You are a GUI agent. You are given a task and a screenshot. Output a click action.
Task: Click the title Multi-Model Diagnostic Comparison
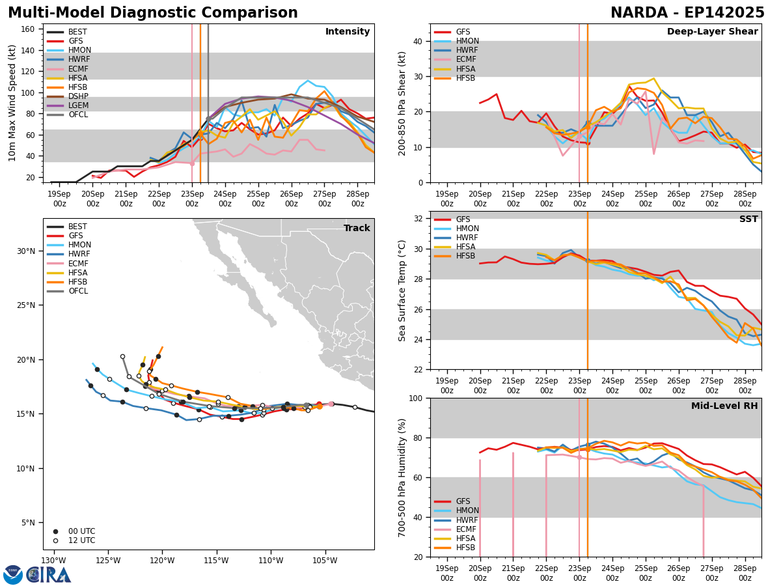(x=152, y=13)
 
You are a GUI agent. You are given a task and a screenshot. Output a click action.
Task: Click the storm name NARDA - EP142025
(x=687, y=13)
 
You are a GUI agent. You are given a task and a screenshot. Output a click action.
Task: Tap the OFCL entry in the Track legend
(x=78, y=291)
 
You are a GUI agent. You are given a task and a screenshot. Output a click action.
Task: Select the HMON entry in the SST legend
(x=467, y=229)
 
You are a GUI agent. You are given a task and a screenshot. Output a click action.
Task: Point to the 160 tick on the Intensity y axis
(x=31, y=29)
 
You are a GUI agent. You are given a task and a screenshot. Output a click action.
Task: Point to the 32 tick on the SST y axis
(x=419, y=219)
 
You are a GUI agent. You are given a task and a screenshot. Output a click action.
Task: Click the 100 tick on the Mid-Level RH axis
(x=417, y=398)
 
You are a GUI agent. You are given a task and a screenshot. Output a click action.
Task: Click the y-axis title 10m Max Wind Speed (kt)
(x=12, y=103)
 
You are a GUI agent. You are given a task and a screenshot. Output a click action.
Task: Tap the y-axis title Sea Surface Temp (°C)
(x=402, y=290)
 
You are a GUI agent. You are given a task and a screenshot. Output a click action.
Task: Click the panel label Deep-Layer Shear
(x=712, y=32)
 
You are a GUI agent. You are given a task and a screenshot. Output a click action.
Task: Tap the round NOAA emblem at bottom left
(x=13, y=574)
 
